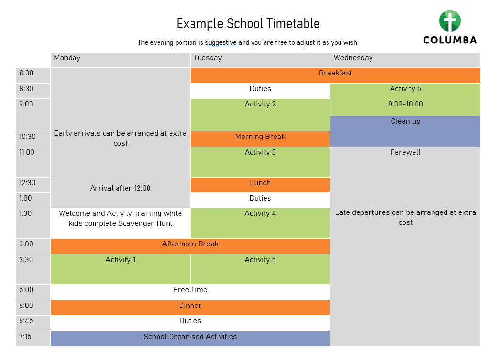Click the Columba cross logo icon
tap(450, 21)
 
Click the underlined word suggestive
tap(221, 42)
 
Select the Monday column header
tap(120, 60)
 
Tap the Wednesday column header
tap(405, 60)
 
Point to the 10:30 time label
tap(27, 137)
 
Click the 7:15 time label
tap(25, 337)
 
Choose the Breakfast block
tap(335, 75)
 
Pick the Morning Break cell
tap(260, 139)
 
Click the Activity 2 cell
tap(260, 115)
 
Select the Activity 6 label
tap(405, 89)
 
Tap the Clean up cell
tap(405, 131)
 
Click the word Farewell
tap(405, 152)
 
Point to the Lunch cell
tap(260, 185)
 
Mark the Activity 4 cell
tap(260, 223)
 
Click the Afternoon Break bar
tap(190, 246)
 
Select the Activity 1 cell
tap(120, 269)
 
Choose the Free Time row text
tap(190, 290)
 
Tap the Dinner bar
tap(190, 307)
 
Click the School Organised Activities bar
tap(190, 339)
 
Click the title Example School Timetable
tap(248, 24)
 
